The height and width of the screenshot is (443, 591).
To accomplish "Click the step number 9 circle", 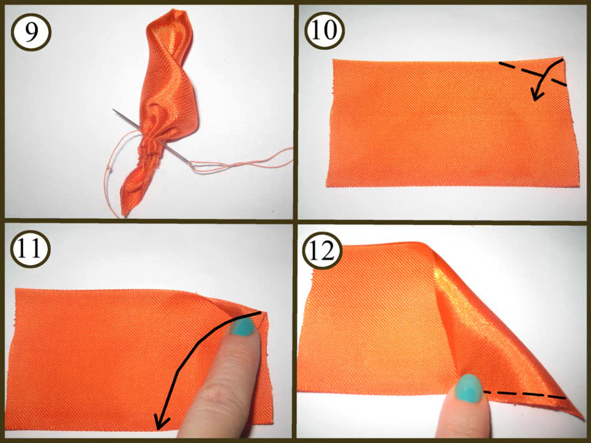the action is (31, 32).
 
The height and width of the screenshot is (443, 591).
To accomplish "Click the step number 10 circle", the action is (324, 30).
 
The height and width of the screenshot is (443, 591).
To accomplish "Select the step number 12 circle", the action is (322, 251).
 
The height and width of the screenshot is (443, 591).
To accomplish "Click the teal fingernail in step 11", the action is (244, 327).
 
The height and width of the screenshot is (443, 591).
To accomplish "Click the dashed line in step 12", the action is (524, 395).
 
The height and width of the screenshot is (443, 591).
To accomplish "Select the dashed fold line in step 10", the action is (532, 73).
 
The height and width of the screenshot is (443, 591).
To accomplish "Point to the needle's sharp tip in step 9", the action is (113, 110).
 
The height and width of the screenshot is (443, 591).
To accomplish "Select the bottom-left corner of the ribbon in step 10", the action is (327, 186).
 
